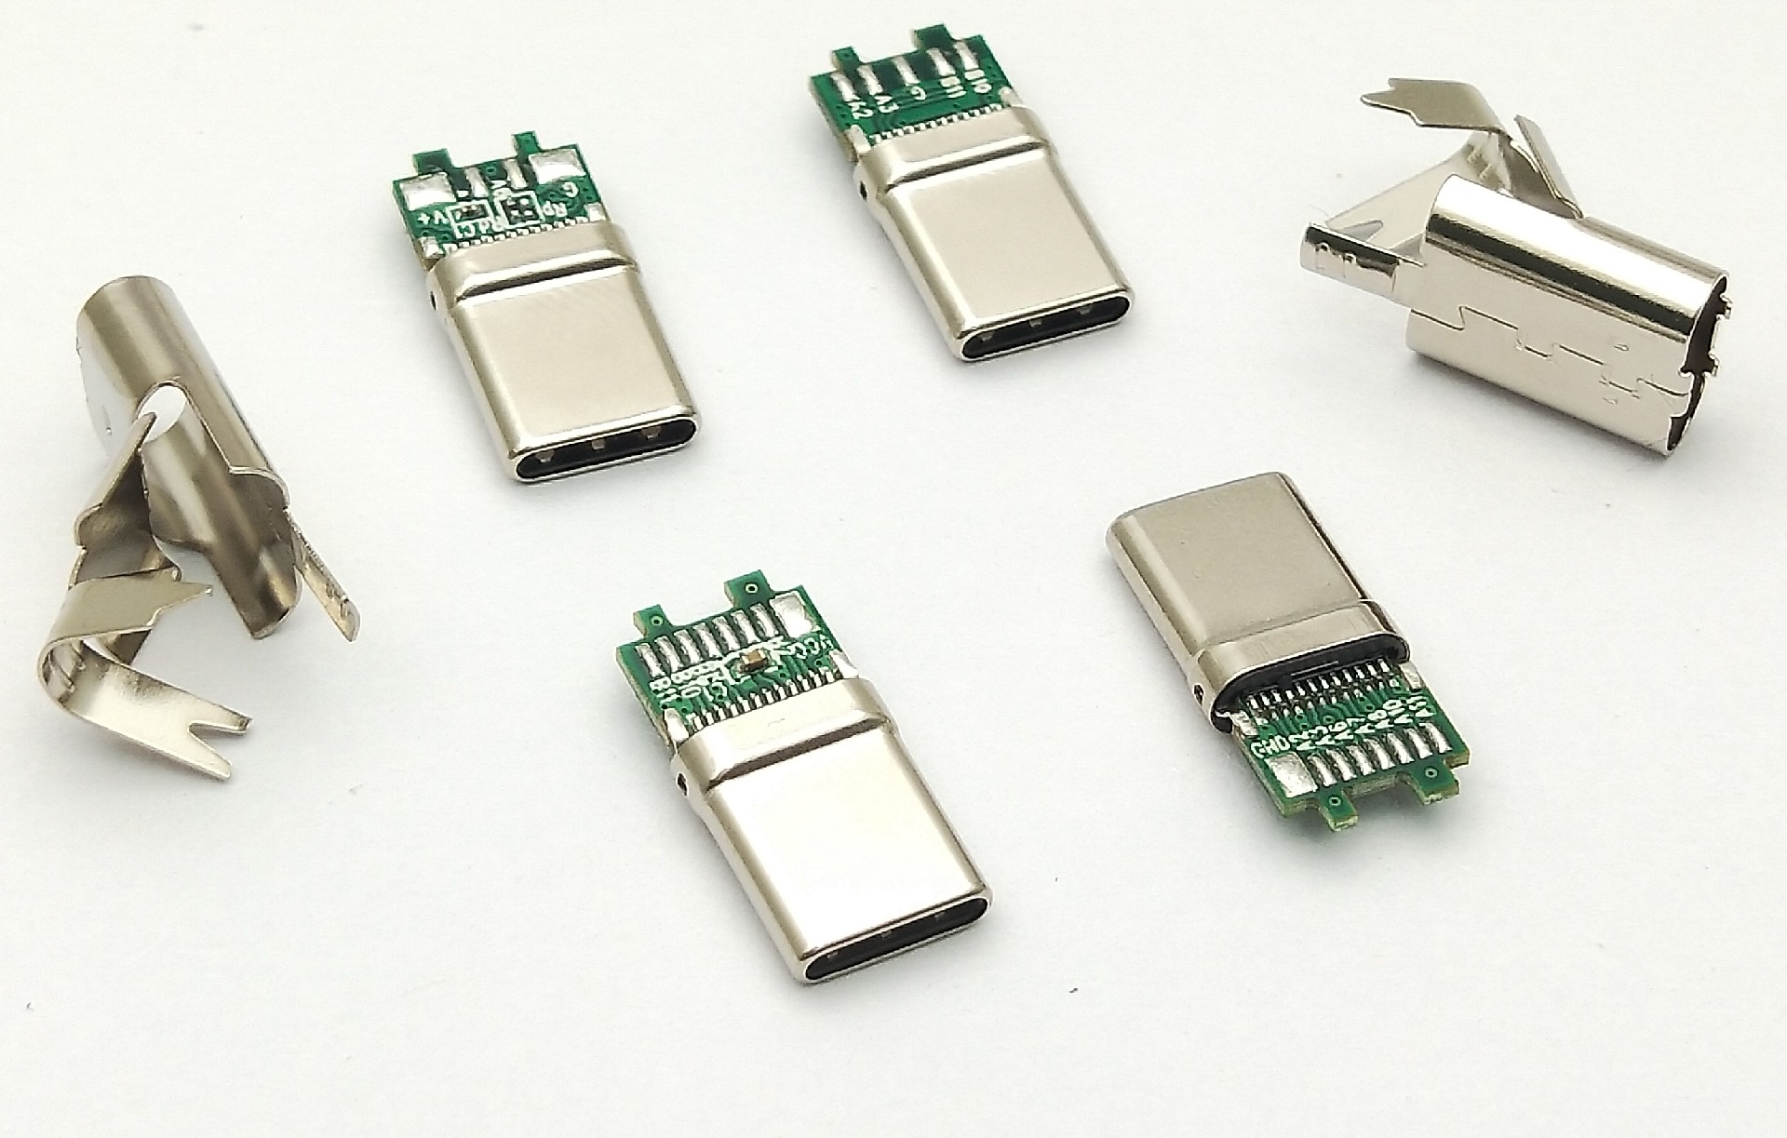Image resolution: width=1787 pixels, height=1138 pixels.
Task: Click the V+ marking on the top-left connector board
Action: click(435, 217)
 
